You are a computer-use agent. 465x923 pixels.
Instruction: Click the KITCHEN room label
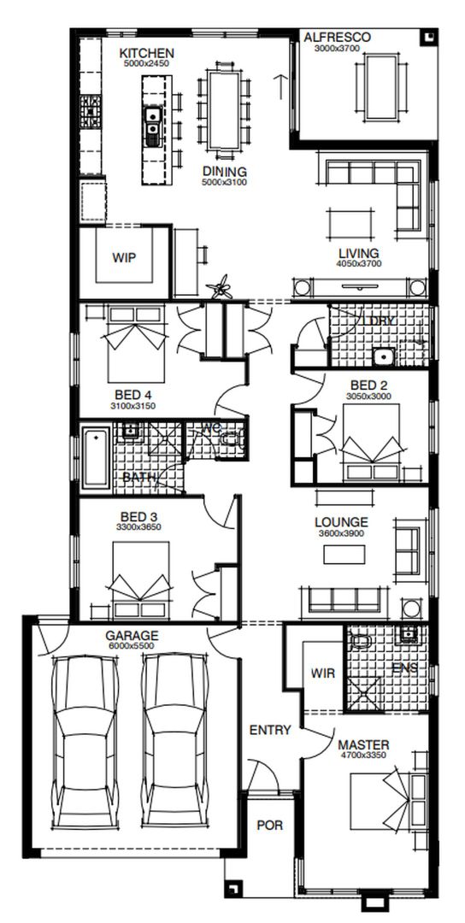(146, 54)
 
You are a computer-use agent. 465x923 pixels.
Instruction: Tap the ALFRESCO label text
(338, 38)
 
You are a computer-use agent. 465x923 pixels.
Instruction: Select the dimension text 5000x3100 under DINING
(225, 182)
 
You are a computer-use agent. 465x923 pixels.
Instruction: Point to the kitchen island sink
(152, 125)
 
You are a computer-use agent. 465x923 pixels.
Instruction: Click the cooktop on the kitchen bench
(90, 110)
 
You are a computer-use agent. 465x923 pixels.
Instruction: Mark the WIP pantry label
(125, 257)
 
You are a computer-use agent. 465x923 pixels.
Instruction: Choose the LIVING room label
(358, 254)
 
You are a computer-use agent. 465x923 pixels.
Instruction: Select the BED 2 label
(369, 385)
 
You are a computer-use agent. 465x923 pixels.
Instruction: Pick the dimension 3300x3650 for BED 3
(138, 527)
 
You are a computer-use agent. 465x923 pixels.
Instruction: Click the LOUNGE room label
(341, 522)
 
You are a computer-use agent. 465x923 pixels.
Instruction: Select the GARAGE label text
(132, 636)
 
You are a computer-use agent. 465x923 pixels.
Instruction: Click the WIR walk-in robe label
(324, 673)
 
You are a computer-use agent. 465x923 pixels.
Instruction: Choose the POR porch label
(269, 826)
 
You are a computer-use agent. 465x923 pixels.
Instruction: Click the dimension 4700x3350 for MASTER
(363, 755)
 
